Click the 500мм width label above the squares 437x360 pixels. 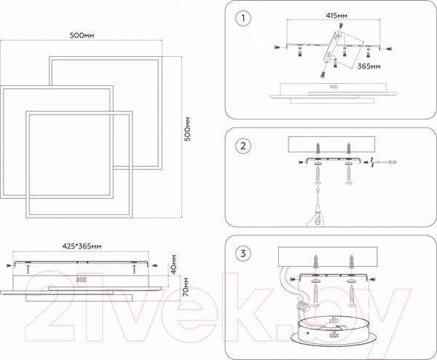click(83, 36)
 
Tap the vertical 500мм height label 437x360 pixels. click(187, 130)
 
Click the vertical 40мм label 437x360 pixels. click(174, 262)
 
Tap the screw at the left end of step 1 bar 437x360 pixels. click(275, 47)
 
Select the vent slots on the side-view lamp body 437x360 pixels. click(80, 280)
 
